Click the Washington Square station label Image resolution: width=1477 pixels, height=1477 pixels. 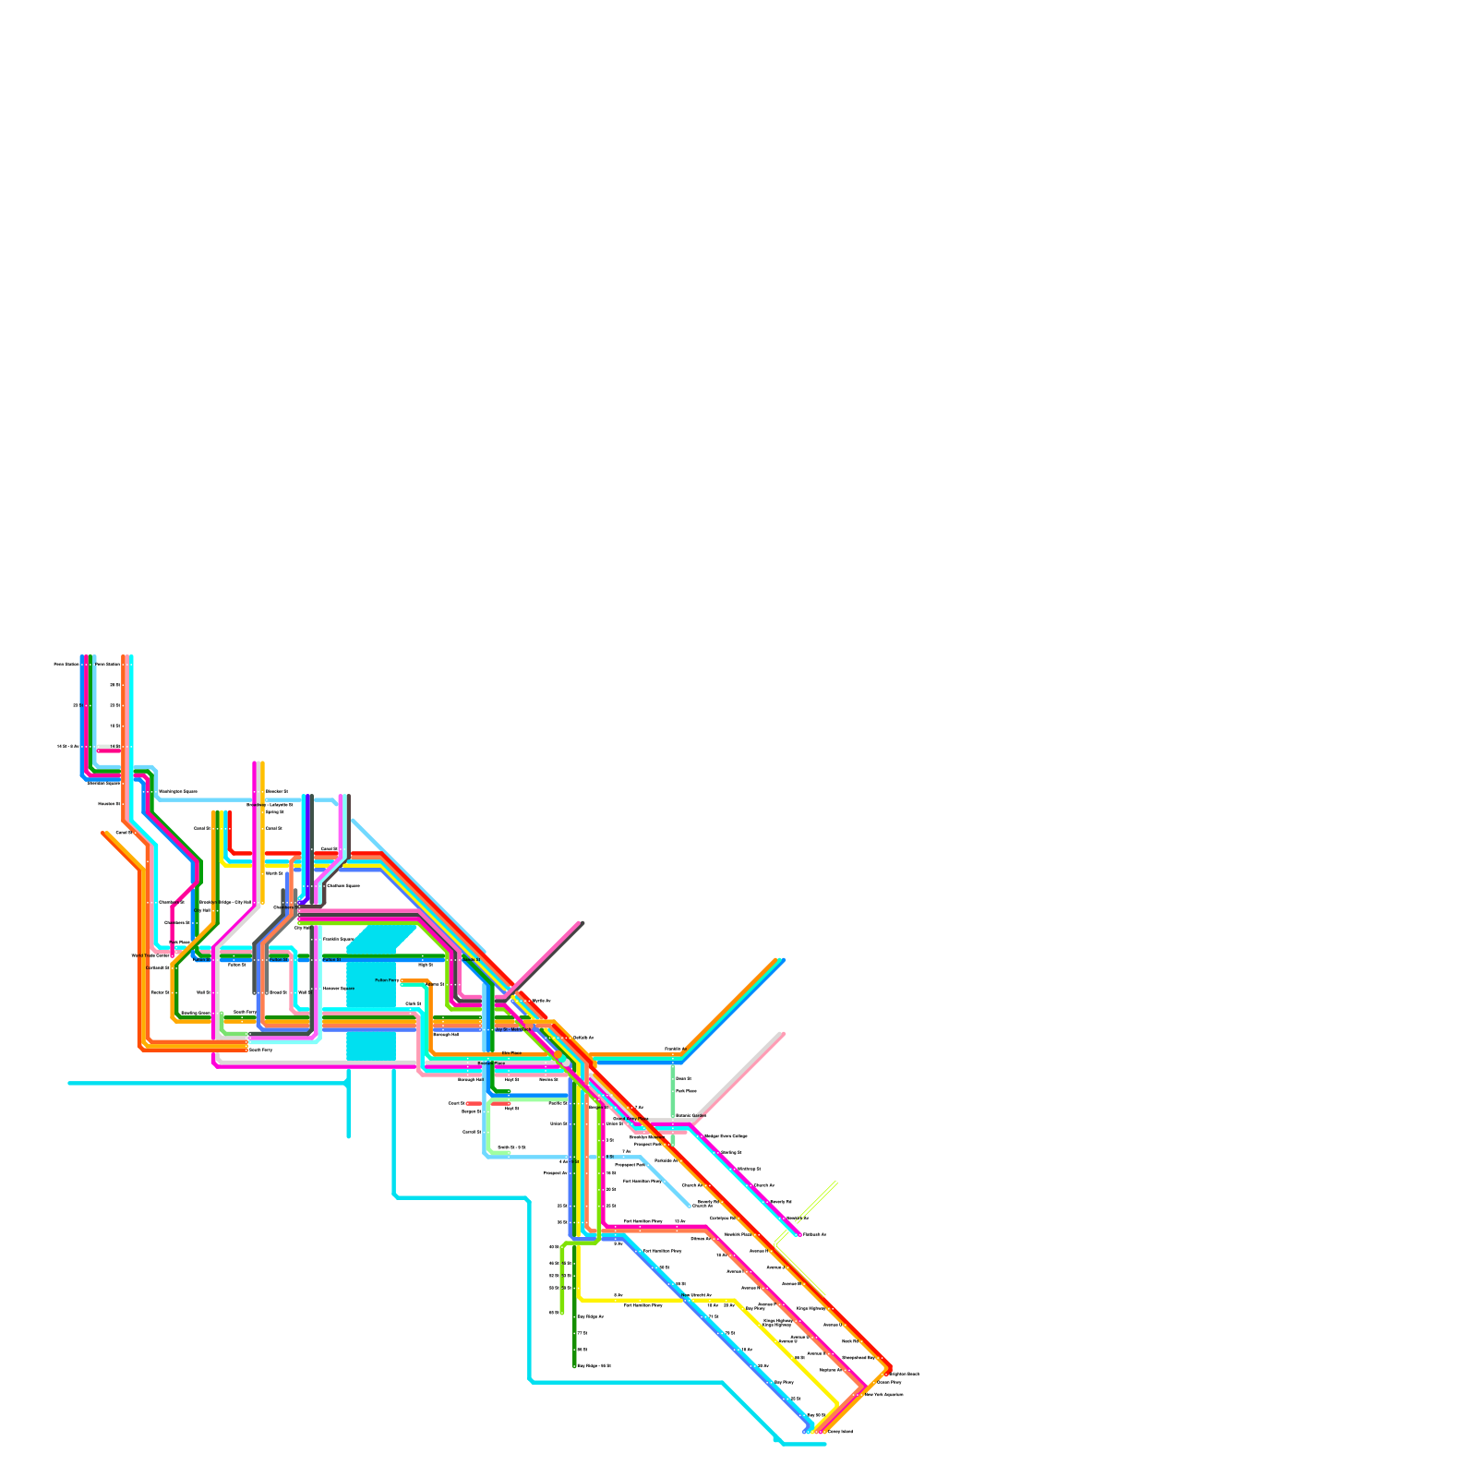coord(177,791)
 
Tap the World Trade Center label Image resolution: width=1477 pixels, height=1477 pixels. coord(150,955)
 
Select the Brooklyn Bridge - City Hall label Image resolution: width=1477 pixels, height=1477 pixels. coord(224,902)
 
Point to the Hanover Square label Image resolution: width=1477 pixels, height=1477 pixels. coord(338,988)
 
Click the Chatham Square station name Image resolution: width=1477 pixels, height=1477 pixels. coord(343,885)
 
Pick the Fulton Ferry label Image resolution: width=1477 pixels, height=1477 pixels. coord(387,979)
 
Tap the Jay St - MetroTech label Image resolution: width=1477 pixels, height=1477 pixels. coord(512,1028)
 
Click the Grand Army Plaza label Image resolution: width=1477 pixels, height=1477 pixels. coord(630,1118)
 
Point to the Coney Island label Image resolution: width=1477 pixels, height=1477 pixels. coord(840,1432)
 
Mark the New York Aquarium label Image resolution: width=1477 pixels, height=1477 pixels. coord(883,1394)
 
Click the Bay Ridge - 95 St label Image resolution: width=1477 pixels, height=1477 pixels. coord(594,1365)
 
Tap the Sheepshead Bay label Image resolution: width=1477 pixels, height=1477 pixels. coord(858,1357)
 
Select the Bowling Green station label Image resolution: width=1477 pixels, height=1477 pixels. coord(195,1013)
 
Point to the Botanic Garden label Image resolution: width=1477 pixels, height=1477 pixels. coord(690,1115)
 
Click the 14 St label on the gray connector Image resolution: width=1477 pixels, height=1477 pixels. coord(114,745)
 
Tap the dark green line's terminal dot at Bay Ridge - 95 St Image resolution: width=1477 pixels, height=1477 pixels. coord(574,1365)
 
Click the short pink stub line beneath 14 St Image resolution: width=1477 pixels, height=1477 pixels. coord(109,751)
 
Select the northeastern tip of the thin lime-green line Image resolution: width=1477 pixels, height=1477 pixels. coord(836,1182)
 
